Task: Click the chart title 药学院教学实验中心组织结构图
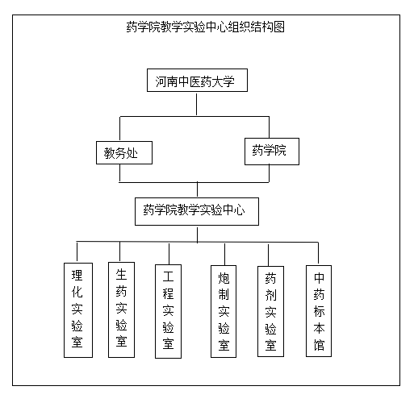(205, 27)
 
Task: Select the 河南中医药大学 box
(197, 81)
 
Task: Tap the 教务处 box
(124, 153)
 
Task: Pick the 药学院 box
(272, 152)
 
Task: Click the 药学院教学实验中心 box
(197, 212)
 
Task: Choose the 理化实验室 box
(78, 310)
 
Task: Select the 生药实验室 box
(121, 310)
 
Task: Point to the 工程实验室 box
(168, 312)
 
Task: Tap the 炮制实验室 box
(224, 312)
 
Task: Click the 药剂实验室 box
(270, 312)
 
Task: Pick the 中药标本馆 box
(319, 311)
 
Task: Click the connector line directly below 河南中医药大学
(196, 104)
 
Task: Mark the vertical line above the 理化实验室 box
(77, 252)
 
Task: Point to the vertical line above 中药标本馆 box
(318, 253)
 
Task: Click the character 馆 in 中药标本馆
(319, 345)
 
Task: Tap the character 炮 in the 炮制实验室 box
(224, 278)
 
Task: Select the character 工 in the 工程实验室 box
(168, 276)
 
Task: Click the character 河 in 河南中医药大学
(161, 81)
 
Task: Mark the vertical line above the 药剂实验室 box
(268, 255)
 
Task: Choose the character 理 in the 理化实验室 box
(77, 276)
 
